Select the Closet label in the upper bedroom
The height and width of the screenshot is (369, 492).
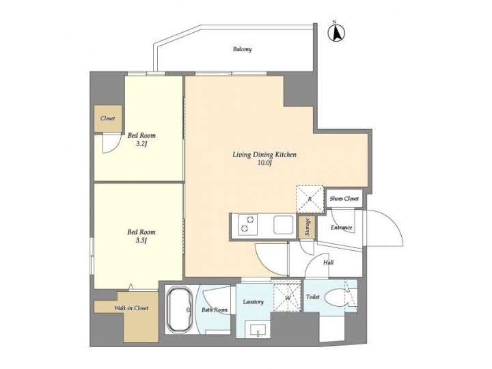[107, 118]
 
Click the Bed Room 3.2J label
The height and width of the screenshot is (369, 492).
[141, 139]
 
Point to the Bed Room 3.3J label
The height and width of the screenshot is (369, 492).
[141, 236]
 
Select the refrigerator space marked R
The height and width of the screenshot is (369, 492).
[309, 199]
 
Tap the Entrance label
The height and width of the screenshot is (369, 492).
[342, 228]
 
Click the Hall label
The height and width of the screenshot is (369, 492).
[328, 261]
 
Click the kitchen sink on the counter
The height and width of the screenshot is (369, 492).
[282, 224]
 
